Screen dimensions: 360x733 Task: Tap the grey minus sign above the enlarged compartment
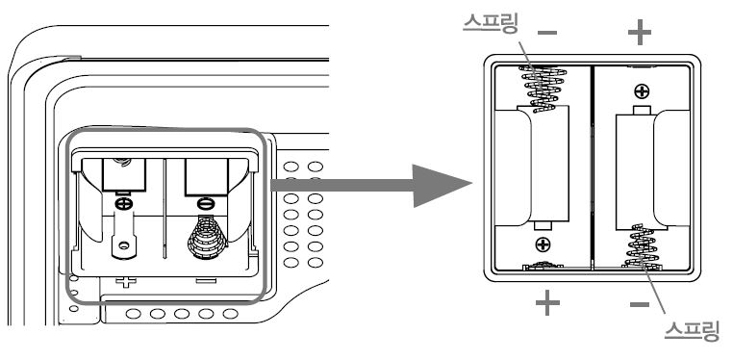pos(547,32)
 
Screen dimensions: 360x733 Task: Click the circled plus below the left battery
pos(544,244)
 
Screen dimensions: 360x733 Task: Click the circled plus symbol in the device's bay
pos(123,204)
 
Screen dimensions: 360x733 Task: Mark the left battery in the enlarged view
pos(544,168)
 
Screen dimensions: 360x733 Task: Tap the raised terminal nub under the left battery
pos(544,229)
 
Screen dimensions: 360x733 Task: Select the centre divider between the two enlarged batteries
pos(591,164)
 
